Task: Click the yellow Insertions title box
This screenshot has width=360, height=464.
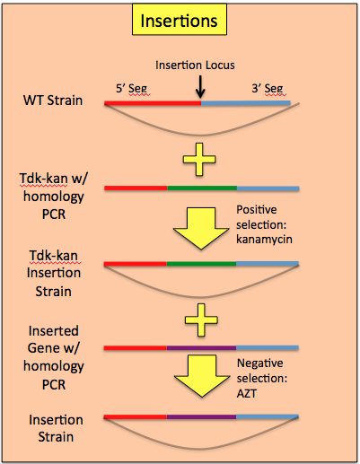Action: (x=180, y=20)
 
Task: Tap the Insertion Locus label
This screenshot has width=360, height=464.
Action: (x=195, y=66)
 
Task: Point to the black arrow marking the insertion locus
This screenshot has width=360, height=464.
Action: (x=200, y=87)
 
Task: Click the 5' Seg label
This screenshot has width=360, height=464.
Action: (x=132, y=89)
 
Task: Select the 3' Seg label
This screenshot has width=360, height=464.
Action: (x=268, y=89)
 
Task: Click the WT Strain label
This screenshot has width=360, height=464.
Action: (x=53, y=101)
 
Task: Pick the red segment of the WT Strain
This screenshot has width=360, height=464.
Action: (x=153, y=103)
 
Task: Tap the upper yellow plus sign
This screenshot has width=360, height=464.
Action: (x=199, y=159)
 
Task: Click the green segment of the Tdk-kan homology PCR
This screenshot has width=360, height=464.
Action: (x=202, y=188)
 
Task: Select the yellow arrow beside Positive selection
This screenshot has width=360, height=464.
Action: (x=201, y=228)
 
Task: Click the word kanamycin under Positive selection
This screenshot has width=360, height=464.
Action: (x=264, y=240)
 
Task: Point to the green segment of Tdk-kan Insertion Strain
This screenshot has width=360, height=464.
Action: (x=201, y=264)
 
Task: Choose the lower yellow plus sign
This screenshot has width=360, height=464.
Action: (x=201, y=320)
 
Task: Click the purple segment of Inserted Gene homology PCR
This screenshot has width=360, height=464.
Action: (x=201, y=348)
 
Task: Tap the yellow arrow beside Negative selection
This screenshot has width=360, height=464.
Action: (x=202, y=376)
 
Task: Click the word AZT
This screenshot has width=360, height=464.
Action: (x=247, y=394)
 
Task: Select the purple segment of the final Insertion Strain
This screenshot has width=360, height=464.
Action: (x=201, y=417)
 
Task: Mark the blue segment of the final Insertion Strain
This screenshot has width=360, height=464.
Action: (x=268, y=417)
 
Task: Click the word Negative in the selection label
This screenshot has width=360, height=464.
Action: (x=260, y=363)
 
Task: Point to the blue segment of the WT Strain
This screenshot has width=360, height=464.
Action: (x=246, y=103)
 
